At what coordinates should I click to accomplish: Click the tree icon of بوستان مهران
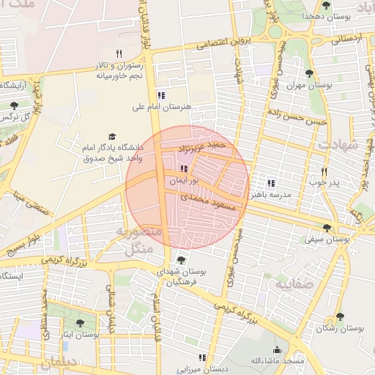click(x=308, y=73)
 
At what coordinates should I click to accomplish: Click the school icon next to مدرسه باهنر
click(x=271, y=183)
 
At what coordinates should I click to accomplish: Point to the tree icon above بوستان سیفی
click(x=327, y=228)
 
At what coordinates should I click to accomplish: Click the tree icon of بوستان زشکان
click(x=339, y=317)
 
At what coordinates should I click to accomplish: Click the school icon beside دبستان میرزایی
click(x=202, y=358)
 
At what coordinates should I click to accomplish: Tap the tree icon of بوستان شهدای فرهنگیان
click(x=181, y=260)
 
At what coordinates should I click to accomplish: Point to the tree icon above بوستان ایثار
click(x=80, y=322)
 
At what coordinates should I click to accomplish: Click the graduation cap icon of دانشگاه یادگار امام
click(x=112, y=136)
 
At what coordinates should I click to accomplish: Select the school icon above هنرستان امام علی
click(x=160, y=95)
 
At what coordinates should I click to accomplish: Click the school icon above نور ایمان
click(x=173, y=169)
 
